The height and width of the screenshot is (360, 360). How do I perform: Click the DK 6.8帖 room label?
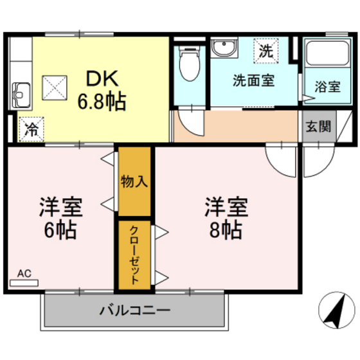(x=102, y=89)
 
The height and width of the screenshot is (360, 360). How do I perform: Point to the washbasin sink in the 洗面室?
(x=225, y=50)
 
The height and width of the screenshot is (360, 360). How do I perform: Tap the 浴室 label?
(x=327, y=87)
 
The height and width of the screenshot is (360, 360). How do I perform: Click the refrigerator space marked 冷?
(x=30, y=127)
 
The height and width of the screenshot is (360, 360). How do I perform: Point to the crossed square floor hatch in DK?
(x=55, y=86)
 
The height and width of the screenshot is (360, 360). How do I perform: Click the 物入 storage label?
(x=134, y=182)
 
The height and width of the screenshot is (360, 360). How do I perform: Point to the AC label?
(x=24, y=274)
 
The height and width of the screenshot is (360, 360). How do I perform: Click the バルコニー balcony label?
(x=134, y=310)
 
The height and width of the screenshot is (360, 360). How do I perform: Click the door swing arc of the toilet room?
(x=188, y=123)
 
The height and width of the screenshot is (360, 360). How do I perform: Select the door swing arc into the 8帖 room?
(x=282, y=159)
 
